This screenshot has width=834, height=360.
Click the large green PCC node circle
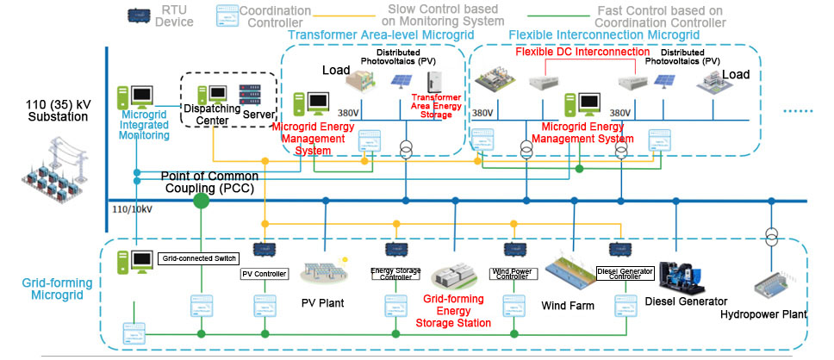point(201,202)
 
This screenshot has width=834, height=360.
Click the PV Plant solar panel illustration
point(323,272)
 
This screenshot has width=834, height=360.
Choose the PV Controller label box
point(262,275)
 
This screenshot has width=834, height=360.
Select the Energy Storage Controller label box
point(395,272)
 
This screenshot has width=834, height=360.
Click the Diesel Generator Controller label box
point(625,273)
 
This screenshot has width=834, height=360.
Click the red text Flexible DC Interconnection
point(582,52)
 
